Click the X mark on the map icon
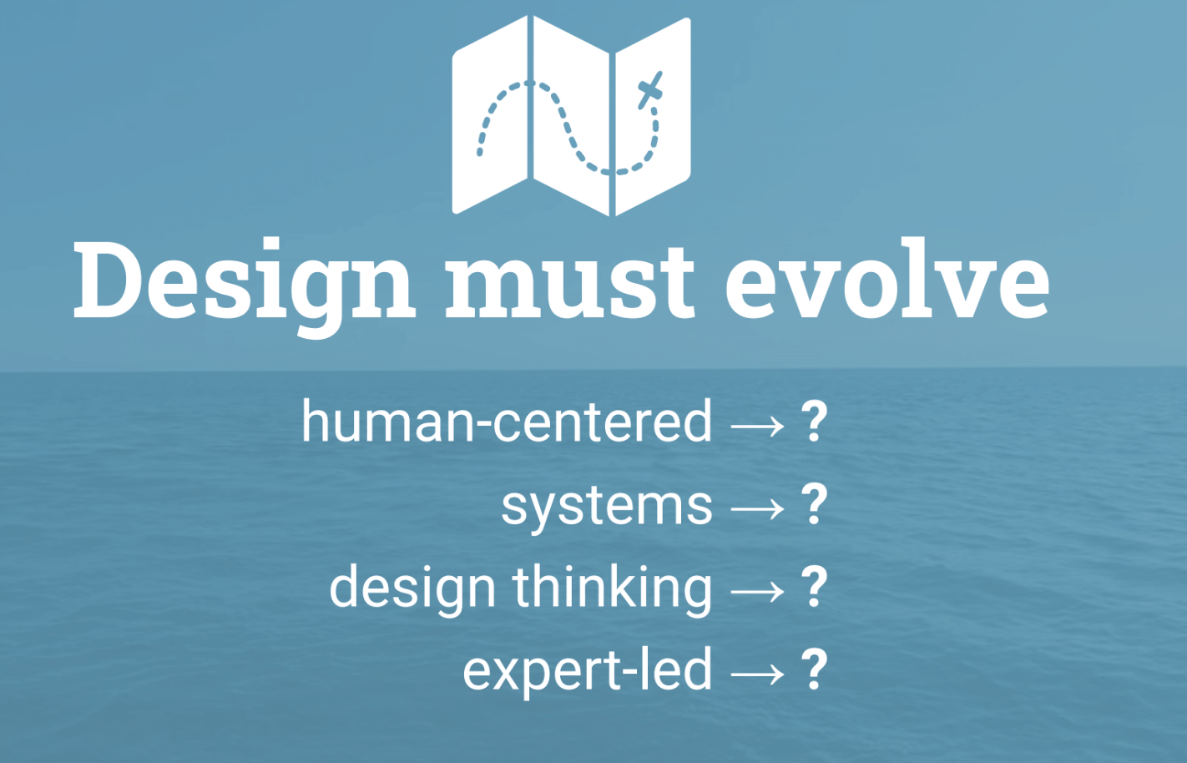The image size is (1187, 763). (x=650, y=89)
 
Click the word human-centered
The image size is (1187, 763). (x=507, y=422)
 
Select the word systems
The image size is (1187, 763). (x=607, y=506)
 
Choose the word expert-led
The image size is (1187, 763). (x=588, y=670)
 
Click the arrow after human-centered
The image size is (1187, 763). (x=758, y=427)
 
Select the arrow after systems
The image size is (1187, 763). (x=758, y=508)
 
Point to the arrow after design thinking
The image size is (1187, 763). (x=758, y=592)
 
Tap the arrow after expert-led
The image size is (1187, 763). (x=758, y=674)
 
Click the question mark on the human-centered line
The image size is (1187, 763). (x=814, y=422)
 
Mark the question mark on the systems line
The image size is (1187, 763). (x=814, y=504)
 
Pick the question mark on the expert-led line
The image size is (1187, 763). (x=814, y=670)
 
